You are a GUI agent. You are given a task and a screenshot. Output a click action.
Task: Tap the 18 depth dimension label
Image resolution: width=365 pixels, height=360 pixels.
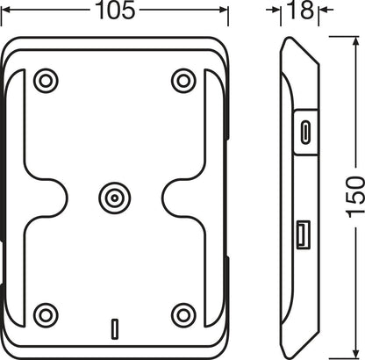(297, 12)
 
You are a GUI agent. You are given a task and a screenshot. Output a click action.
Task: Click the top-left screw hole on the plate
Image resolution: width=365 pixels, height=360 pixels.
(43, 81)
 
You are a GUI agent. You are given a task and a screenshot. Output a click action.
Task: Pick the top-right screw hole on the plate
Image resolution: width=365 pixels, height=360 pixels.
(182, 81)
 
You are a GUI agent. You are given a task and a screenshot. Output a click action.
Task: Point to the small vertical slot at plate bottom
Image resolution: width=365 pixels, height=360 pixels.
(113, 329)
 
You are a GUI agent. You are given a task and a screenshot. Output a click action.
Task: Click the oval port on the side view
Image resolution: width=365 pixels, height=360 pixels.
(304, 133)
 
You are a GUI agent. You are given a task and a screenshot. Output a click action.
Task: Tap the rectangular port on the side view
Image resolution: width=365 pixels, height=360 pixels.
(301, 234)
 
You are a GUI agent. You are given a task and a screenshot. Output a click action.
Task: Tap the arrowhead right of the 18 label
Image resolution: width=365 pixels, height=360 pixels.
(320, 11)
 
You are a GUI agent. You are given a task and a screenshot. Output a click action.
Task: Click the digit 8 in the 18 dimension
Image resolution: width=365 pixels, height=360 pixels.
(303, 12)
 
